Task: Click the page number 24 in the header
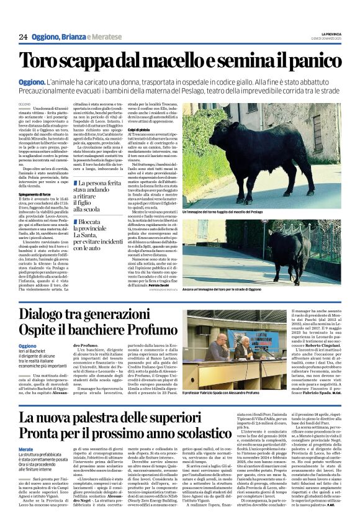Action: [23, 37]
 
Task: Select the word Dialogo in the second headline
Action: [63, 315]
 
